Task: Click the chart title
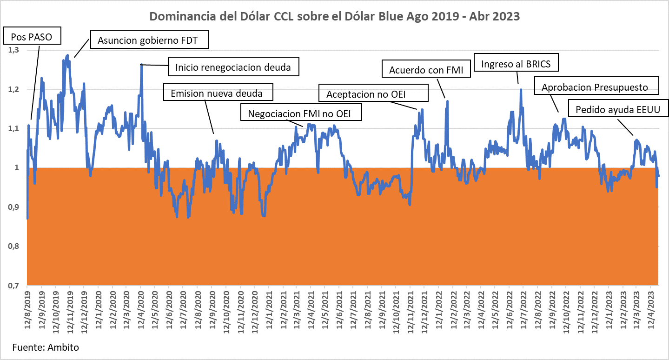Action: [x=334, y=16]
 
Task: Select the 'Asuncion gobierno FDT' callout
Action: [x=147, y=40]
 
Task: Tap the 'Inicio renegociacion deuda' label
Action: [x=233, y=67]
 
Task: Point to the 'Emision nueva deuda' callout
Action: [x=217, y=93]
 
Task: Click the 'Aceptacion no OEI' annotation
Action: [x=373, y=93]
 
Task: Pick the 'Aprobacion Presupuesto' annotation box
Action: [x=597, y=87]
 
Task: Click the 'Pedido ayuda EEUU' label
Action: [x=615, y=110]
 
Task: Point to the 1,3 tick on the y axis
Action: [x=15, y=50]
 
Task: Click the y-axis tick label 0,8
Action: [x=15, y=246]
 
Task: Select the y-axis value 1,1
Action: [x=15, y=128]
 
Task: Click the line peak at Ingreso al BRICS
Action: [x=521, y=89]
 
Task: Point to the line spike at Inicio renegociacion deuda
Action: [x=141, y=65]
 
